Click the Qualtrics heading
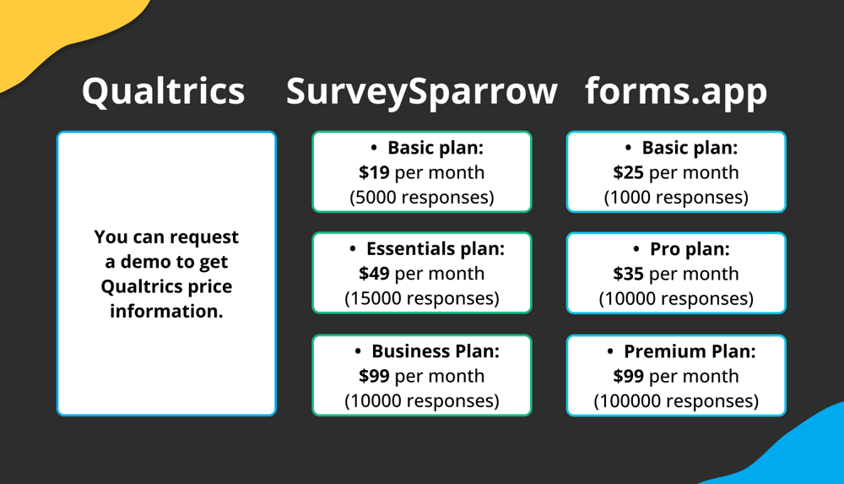[x=163, y=91]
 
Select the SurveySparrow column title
[x=421, y=91]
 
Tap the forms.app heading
[x=676, y=91]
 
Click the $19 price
[x=374, y=172]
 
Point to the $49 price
[x=374, y=274]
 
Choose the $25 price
[x=628, y=172]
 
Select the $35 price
[x=628, y=274]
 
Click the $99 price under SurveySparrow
[x=374, y=376]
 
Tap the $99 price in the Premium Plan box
[x=628, y=376]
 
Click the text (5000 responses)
[x=421, y=198]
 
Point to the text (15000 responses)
[x=421, y=299]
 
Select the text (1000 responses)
[x=676, y=198]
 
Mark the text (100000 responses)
[x=676, y=401]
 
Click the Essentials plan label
[x=435, y=249]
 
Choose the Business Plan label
[x=436, y=351]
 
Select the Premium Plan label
[x=690, y=351]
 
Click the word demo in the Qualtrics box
[x=143, y=262]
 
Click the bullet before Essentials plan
[x=353, y=250]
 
